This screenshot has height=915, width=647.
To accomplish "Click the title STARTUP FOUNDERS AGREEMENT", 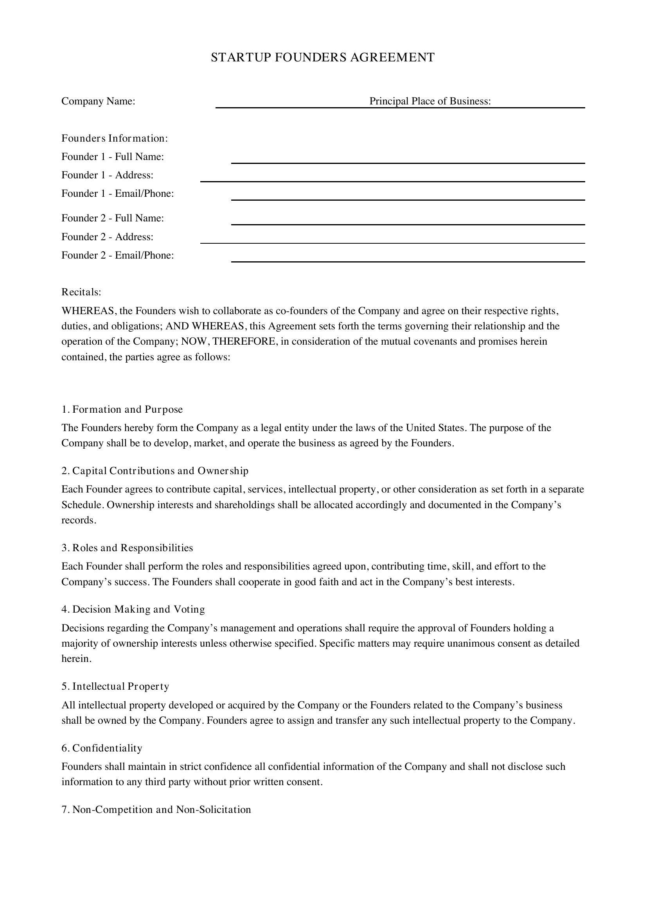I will [322, 58].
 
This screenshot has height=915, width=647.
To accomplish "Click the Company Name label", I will [99, 101].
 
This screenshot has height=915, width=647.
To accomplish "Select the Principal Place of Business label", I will [430, 101].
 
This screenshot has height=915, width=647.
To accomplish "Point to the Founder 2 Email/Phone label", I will [117, 255].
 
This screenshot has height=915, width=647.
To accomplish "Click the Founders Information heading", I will [115, 138].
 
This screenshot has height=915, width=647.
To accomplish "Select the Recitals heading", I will [81, 292].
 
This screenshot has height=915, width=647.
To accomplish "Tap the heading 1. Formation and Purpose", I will [122, 409].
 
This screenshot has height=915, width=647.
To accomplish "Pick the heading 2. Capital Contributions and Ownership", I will [155, 471].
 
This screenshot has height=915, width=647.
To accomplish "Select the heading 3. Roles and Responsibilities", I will [127, 548].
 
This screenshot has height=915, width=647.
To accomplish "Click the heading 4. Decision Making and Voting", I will [133, 609].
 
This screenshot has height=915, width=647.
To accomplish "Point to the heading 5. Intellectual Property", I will [115, 686].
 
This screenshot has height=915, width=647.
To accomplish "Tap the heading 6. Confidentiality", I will [102, 748].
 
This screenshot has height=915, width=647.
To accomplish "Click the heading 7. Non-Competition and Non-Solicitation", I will [156, 809].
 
